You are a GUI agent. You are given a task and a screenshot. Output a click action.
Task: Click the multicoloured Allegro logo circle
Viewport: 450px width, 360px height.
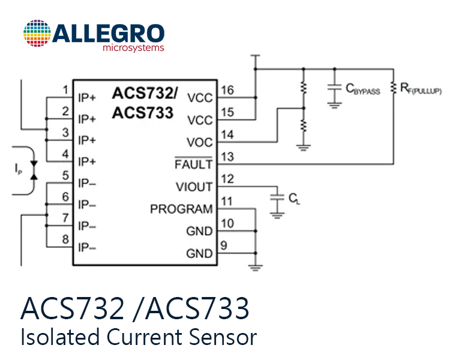click(x=37, y=34)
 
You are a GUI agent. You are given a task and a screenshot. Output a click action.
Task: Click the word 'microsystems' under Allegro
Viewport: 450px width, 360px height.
click(x=133, y=47)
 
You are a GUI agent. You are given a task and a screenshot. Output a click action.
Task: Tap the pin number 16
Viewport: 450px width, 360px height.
click(x=227, y=90)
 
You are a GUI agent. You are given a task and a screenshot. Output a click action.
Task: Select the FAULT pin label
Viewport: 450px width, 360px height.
click(x=194, y=164)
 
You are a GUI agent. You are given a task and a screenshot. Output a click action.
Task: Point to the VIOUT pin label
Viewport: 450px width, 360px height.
click(x=194, y=187)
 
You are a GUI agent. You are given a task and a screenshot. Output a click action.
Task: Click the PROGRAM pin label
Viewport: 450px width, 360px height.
click(x=181, y=209)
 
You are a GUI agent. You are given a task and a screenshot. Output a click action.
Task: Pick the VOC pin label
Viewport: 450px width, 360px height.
click(x=200, y=142)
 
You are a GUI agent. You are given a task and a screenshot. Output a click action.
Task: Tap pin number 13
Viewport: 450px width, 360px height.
click(x=227, y=157)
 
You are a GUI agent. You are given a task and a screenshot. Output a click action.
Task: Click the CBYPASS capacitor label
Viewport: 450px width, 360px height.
click(x=363, y=89)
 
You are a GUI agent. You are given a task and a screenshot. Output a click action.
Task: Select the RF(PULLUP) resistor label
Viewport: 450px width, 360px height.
click(x=421, y=88)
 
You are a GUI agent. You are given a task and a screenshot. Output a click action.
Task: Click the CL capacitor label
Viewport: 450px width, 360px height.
click(x=294, y=199)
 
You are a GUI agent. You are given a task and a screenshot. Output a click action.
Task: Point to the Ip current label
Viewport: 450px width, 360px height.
click(x=18, y=169)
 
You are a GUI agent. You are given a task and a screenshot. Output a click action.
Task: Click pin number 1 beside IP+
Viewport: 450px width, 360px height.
click(x=66, y=90)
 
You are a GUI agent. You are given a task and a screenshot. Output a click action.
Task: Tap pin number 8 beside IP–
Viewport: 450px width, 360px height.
click(x=66, y=239)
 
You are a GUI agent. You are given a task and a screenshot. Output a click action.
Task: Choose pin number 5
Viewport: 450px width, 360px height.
click(x=66, y=175)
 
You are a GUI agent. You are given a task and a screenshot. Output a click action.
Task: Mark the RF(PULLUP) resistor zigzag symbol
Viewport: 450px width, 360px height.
click(x=394, y=88)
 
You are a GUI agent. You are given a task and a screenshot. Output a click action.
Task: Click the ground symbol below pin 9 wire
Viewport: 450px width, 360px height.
click(x=256, y=268)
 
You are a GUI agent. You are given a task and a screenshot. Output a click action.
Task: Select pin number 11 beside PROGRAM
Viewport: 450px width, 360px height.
click(x=227, y=201)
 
